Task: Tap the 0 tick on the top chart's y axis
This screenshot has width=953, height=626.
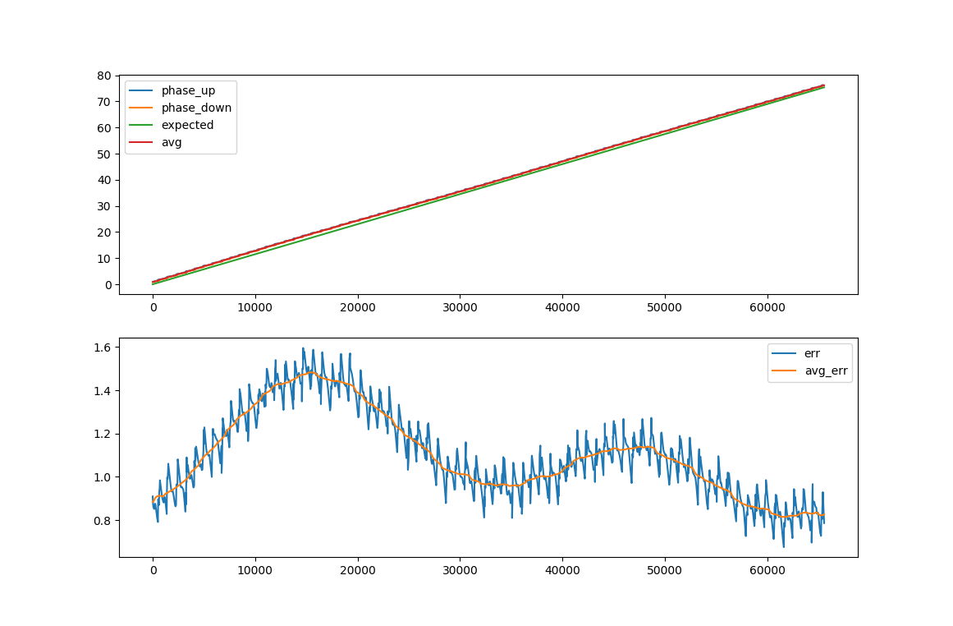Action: tap(108, 284)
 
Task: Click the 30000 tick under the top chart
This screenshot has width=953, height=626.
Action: tap(460, 307)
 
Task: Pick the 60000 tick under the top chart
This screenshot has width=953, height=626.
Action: tap(767, 307)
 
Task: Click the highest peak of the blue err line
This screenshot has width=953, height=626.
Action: tap(303, 348)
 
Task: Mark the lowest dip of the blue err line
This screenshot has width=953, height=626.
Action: tap(783, 546)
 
